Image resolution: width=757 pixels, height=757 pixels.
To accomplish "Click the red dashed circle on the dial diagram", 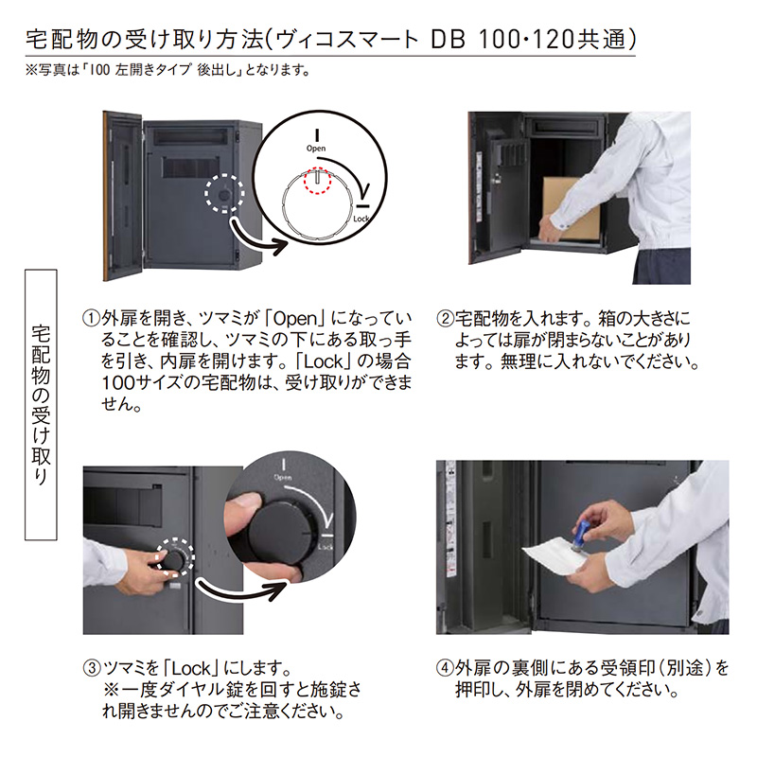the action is tap(317, 181).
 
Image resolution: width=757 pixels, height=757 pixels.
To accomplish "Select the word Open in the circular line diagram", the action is tap(316, 149).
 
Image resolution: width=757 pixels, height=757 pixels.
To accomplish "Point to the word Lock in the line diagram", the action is tap(361, 219).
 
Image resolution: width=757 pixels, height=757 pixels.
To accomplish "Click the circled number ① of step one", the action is tap(91, 319).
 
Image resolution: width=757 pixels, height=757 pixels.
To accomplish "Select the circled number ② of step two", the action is tap(445, 319).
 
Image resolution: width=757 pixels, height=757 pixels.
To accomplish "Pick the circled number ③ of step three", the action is tap(92, 669).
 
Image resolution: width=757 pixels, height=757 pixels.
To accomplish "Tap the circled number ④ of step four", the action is tap(445, 669).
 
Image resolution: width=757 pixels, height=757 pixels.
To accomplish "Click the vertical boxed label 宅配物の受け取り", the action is tap(41, 405).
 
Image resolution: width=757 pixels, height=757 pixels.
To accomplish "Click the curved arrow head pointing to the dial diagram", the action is tap(279, 246).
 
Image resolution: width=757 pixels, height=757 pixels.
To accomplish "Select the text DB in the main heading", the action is tap(448, 40).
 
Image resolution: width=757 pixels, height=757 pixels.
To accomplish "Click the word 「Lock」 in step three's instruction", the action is tap(192, 669).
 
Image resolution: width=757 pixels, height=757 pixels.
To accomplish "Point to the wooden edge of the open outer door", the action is tap(105, 196).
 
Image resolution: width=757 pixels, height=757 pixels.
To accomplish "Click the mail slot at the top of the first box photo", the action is tap(192, 135).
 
